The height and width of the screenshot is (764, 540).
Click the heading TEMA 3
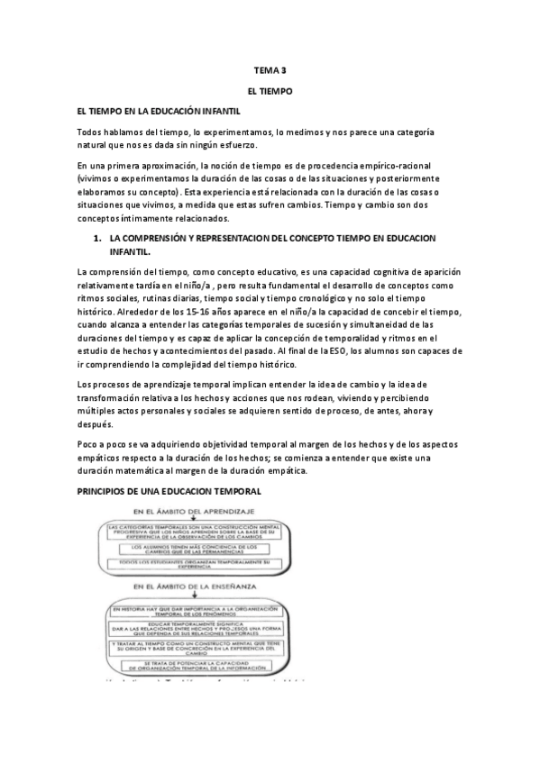(x=270, y=69)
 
